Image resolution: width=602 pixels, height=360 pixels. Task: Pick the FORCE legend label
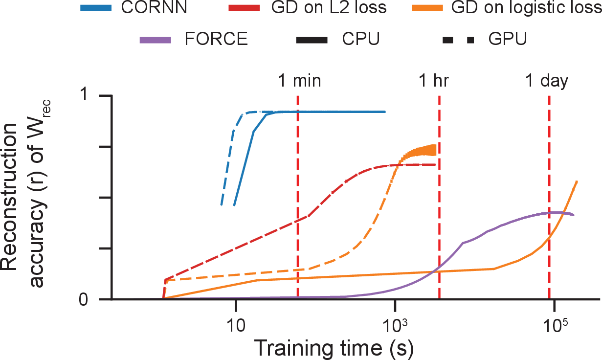click(x=217, y=39)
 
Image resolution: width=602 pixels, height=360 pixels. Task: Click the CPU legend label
click(x=361, y=39)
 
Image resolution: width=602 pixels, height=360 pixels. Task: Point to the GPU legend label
click(x=508, y=39)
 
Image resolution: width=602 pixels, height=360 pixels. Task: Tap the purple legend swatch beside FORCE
click(x=156, y=39)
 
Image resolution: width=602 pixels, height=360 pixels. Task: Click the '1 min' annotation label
click(x=299, y=81)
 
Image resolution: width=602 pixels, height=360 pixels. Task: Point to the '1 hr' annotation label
click(x=433, y=81)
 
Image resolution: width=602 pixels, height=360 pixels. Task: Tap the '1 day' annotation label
click(x=547, y=81)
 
